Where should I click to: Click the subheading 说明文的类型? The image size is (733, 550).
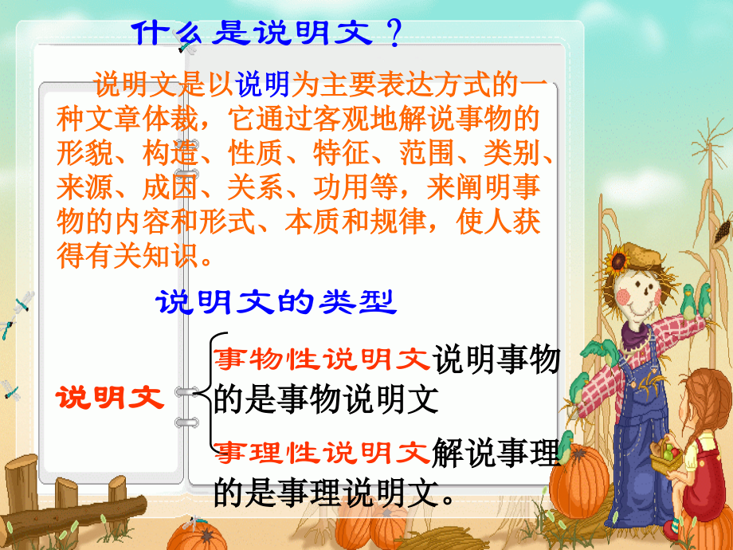pyautogui.click(x=274, y=303)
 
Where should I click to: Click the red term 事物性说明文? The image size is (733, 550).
pyautogui.click(x=323, y=359)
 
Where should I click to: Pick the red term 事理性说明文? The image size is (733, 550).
pyautogui.click(x=323, y=454)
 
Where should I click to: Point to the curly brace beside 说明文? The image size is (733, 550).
pyautogui.click(x=209, y=393)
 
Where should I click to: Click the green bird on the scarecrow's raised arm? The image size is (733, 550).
pyautogui.click(x=705, y=300)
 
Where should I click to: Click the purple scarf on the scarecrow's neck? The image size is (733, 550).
pyautogui.click(x=637, y=335)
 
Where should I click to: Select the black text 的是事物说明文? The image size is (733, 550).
pyautogui.click(x=327, y=399)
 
